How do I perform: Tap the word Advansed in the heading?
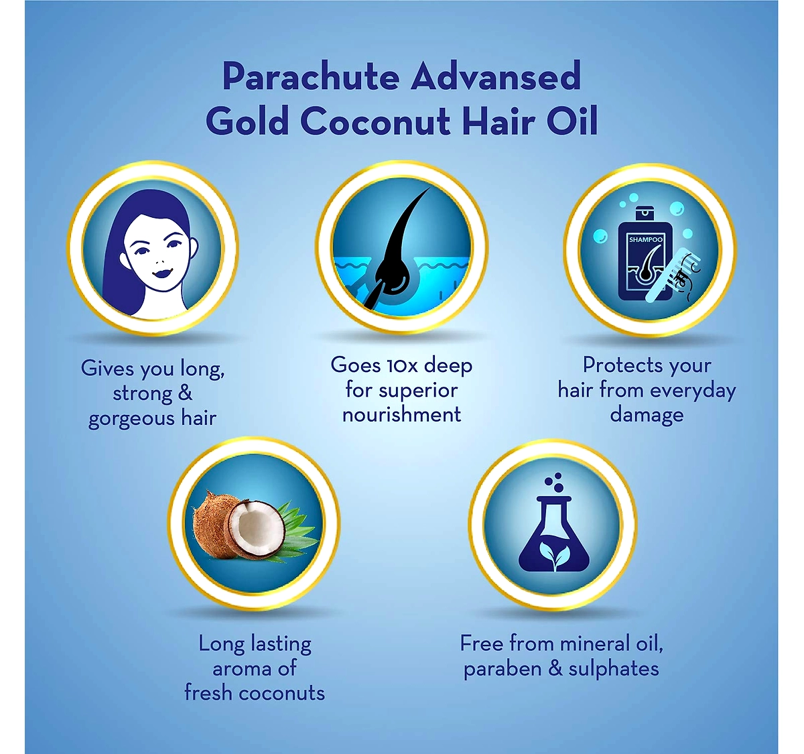[x=496, y=76]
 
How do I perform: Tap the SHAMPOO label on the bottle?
[x=646, y=239]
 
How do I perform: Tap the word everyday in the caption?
[x=689, y=391]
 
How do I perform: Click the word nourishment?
[x=401, y=414]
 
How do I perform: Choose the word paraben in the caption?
[x=501, y=670]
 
